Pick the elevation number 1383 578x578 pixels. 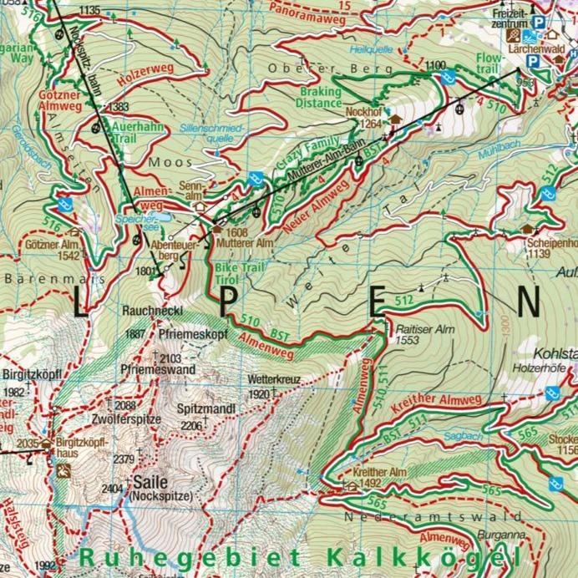pos(119,107)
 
